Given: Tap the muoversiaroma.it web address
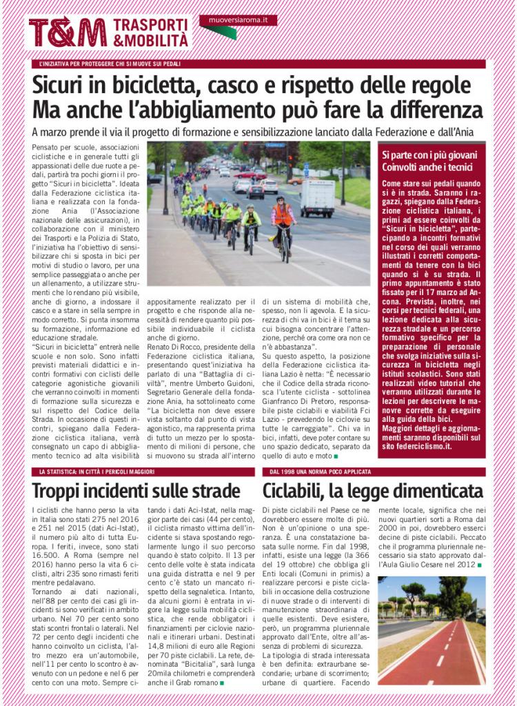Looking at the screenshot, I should coord(238,20).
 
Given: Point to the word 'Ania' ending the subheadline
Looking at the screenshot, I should coord(472,131).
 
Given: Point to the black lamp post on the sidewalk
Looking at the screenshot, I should coord(165,179).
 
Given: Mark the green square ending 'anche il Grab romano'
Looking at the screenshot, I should coord(222,683).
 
